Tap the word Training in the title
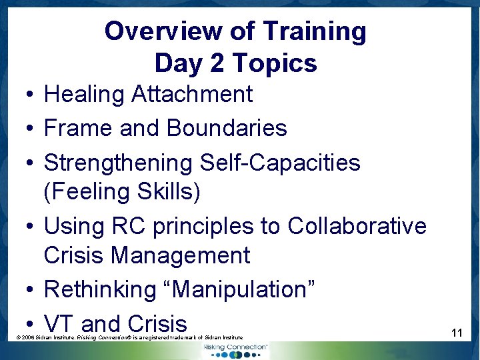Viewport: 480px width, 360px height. pyautogui.click(x=314, y=31)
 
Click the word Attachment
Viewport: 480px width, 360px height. pyautogui.click(x=192, y=95)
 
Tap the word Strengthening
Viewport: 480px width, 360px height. pyautogui.click(x=118, y=163)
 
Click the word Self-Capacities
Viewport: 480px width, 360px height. pyautogui.click(x=280, y=163)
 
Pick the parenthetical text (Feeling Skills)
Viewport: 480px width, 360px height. pyautogui.click(x=121, y=192)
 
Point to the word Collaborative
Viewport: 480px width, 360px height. pyautogui.click(x=357, y=227)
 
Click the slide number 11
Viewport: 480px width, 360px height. pyautogui.click(x=457, y=331)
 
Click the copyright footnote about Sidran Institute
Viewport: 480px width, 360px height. pyautogui.click(x=129, y=338)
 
